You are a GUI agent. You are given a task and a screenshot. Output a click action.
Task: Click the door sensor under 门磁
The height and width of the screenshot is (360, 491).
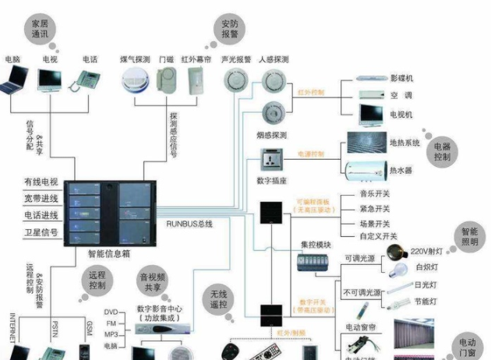pyautogui.click(x=167, y=79)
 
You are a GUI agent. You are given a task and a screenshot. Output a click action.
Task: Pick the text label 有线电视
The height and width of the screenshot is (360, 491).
pyautogui.click(x=41, y=182)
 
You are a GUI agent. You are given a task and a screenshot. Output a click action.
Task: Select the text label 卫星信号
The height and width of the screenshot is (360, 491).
pyautogui.click(x=41, y=232)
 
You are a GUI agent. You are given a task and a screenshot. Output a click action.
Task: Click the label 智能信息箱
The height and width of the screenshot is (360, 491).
pyautogui.click(x=108, y=253)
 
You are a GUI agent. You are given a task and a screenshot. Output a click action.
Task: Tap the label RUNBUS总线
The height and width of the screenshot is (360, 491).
pyautogui.click(x=189, y=224)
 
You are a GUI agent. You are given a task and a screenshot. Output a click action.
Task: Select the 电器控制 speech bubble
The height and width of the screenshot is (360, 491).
pyautogui.click(x=464, y=150)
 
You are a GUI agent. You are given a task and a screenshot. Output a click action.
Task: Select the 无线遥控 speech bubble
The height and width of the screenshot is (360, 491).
pyautogui.click(x=219, y=299)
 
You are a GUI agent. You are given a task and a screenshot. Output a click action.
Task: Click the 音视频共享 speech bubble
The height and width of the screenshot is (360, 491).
pyautogui.click(x=154, y=281)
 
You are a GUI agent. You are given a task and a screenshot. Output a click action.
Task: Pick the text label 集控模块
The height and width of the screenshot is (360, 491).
pyautogui.click(x=316, y=244)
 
